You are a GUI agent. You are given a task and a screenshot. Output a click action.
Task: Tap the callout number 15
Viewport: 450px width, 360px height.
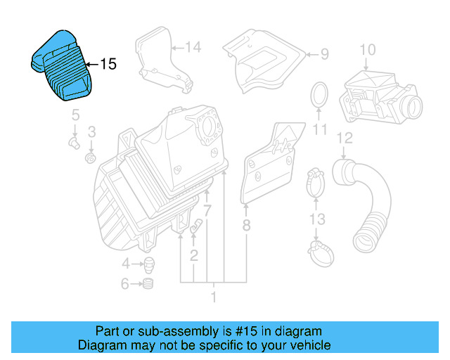point(108,65)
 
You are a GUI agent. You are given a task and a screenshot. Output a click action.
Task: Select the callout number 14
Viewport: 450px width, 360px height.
point(193,47)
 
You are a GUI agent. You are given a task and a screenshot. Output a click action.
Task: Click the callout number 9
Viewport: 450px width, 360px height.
point(324,53)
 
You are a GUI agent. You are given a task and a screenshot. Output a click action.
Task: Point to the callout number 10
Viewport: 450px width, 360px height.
point(368,49)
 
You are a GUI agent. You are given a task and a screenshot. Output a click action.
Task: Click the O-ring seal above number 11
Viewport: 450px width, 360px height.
point(319,95)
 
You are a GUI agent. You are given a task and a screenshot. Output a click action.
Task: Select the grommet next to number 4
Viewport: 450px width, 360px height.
point(149,264)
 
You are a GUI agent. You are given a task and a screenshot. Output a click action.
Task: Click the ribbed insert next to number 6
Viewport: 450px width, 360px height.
point(148,284)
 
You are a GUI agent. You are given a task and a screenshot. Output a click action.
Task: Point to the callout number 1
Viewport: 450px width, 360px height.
point(214,297)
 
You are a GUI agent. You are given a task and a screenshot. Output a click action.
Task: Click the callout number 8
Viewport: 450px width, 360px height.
point(246,226)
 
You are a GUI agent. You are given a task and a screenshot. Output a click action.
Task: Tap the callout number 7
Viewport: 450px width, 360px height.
point(207,210)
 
